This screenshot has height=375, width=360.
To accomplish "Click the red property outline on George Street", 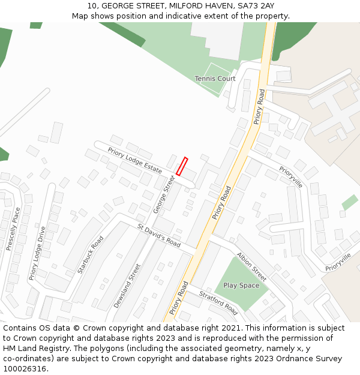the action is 182,166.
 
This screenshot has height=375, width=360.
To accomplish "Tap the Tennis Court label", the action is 215,79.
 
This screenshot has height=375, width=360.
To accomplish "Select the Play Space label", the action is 241,286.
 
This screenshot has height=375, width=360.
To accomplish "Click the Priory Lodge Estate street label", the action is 135,160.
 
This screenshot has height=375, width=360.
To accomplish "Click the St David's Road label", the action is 159,236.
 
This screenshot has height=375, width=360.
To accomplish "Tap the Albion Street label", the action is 251,266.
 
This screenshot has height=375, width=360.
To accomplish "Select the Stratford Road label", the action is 218,301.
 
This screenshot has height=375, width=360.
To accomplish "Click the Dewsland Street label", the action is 127,286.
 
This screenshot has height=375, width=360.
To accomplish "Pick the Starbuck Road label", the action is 91,254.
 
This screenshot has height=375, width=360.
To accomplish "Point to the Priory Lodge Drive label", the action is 37,253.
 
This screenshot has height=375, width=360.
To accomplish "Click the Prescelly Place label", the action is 13,229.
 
